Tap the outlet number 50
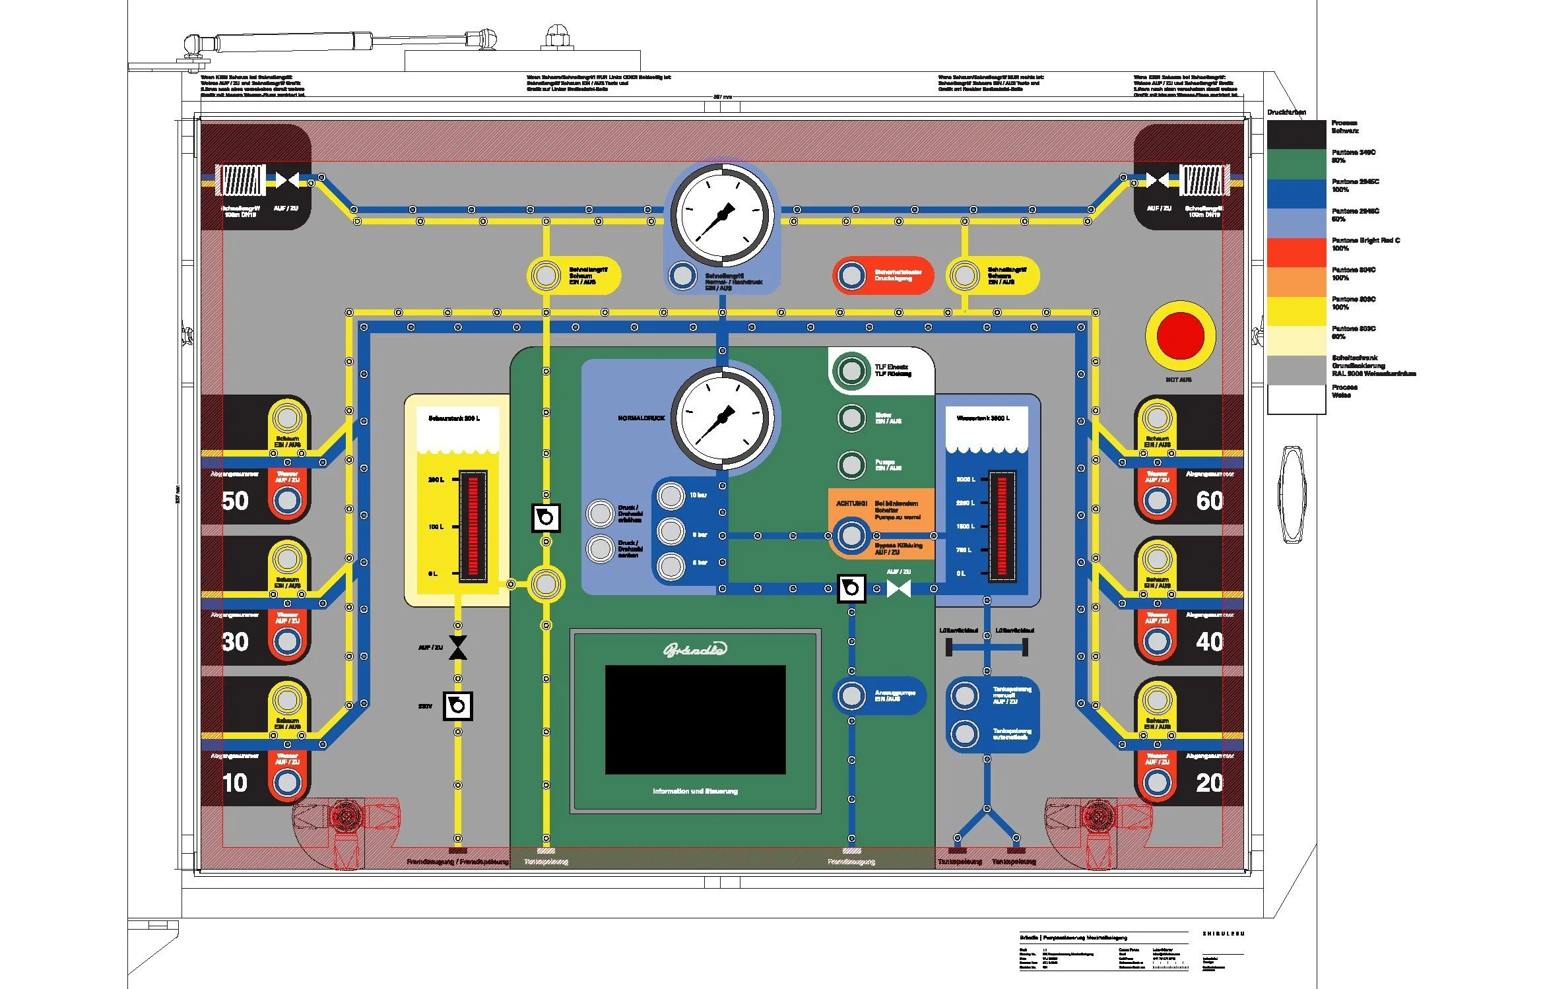tap(235, 501)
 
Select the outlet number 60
tap(1209, 501)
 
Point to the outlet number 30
tap(235, 641)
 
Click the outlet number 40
tap(1209, 641)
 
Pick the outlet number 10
tap(235, 782)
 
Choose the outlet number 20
tap(1209, 782)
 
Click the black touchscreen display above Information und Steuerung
tap(695, 719)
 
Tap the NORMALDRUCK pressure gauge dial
tap(722, 418)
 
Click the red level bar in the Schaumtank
tap(473, 526)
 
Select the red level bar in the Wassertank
tap(1002, 526)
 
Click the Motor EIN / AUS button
tap(851, 418)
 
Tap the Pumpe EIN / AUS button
tap(851, 464)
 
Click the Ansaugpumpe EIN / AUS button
tap(851, 695)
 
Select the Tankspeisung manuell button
tap(965, 695)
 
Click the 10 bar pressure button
tap(671, 495)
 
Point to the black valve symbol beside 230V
tap(457, 706)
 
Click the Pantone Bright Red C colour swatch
tap(1296, 252)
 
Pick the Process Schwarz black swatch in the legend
tap(1296, 135)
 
